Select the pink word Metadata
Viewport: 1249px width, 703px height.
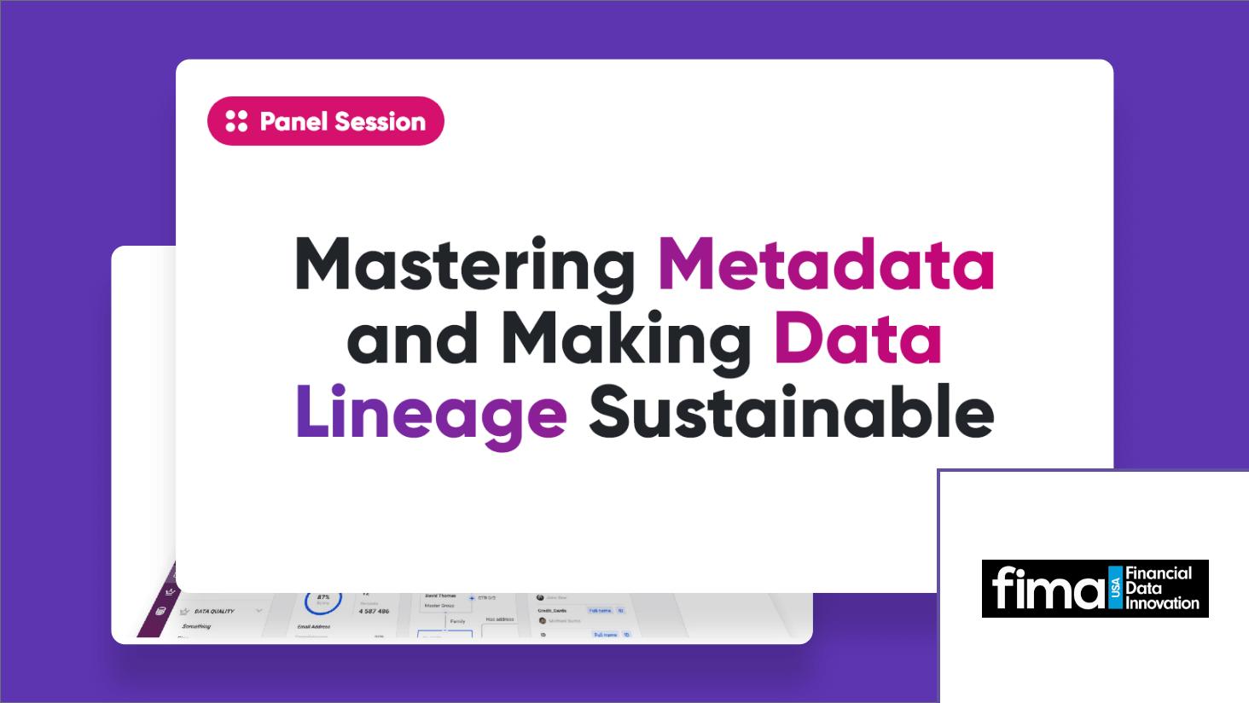[826, 265]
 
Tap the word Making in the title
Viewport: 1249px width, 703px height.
[625, 340]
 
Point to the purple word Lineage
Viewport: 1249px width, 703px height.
[431, 414]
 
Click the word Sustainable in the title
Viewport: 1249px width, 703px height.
[791, 412]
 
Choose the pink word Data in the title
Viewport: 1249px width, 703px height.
[857, 340]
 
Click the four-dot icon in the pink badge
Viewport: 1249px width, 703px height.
[236, 121]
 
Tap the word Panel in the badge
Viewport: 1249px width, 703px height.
[294, 122]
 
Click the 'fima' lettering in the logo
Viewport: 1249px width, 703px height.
[1047, 590]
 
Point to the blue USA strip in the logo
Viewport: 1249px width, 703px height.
[1115, 589]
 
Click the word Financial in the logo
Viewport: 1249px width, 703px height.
[1159, 573]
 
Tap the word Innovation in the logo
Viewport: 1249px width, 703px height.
[1162, 603]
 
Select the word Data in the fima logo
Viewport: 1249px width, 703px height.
[1143, 588]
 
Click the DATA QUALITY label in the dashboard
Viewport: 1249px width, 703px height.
[214, 612]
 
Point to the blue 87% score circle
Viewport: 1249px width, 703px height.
[323, 601]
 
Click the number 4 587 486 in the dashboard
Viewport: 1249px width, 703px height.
[374, 611]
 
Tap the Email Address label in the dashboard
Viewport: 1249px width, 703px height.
[314, 627]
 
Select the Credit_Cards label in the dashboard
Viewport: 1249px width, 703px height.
[552, 611]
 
